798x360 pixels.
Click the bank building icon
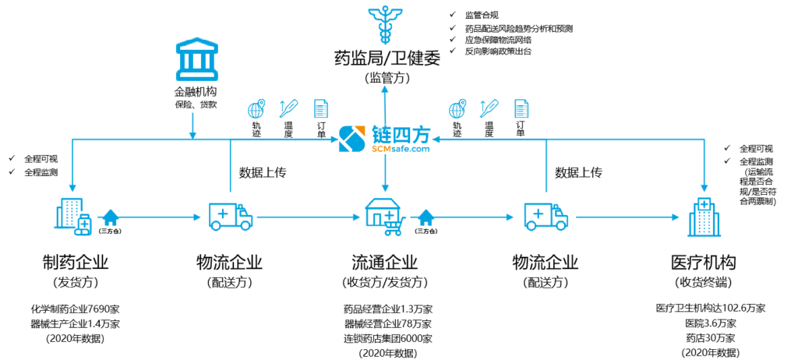coord(196,59)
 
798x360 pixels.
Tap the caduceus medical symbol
coord(384,24)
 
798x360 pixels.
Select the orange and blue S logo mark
coord(351,139)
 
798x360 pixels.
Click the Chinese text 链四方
coord(401,134)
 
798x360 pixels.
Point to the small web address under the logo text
coord(401,149)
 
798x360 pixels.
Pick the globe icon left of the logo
coord(256,108)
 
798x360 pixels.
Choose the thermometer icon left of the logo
coord(288,108)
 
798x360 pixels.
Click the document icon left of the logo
coord(320,108)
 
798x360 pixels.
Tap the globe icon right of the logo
coord(457,108)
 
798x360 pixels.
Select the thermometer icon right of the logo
coord(489,108)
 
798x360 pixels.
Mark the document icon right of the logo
coord(521,108)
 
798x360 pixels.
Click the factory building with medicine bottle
coord(72,216)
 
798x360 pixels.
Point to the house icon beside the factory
coord(111,217)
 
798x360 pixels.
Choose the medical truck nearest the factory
coord(231,216)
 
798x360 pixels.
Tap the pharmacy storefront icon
coord(381,212)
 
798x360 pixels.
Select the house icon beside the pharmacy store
coord(425,217)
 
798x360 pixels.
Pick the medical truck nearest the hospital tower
coord(546,216)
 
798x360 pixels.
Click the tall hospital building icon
coord(704,217)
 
